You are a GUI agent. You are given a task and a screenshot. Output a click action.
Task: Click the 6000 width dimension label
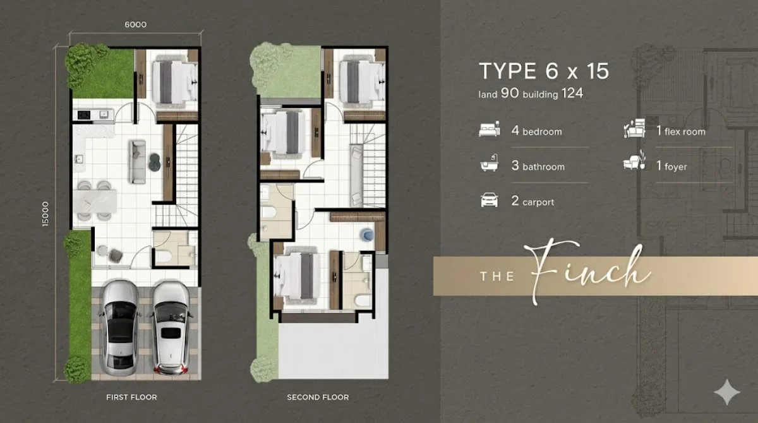(x=135, y=25)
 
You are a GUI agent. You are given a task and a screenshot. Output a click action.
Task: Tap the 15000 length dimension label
(x=45, y=214)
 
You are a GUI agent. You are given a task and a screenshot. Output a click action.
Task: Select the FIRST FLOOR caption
(x=131, y=397)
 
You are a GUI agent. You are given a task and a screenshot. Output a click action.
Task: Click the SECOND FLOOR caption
(x=318, y=397)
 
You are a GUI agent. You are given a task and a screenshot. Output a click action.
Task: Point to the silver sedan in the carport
(x=120, y=328)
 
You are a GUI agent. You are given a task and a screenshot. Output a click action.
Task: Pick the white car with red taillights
(x=171, y=328)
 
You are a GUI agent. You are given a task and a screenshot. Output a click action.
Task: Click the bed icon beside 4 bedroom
(x=490, y=129)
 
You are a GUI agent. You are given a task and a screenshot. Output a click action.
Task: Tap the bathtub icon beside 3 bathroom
(x=490, y=163)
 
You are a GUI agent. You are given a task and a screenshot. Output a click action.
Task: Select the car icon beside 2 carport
(x=490, y=200)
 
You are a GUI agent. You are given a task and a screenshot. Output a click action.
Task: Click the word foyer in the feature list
(x=675, y=167)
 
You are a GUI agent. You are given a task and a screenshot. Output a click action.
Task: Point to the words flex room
(x=685, y=131)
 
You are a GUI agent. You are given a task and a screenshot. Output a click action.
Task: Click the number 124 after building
(x=572, y=93)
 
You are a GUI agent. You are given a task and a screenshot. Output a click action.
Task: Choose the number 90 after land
(x=510, y=93)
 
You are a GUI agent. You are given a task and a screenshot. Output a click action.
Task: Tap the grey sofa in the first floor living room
(x=137, y=162)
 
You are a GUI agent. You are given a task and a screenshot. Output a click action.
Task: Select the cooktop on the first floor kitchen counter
(x=84, y=115)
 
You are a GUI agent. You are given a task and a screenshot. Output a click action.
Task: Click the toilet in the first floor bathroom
(x=164, y=256)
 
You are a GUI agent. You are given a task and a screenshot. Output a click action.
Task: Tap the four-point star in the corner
(x=727, y=392)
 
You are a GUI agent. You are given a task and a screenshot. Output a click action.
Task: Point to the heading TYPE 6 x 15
(x=544, y=71)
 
